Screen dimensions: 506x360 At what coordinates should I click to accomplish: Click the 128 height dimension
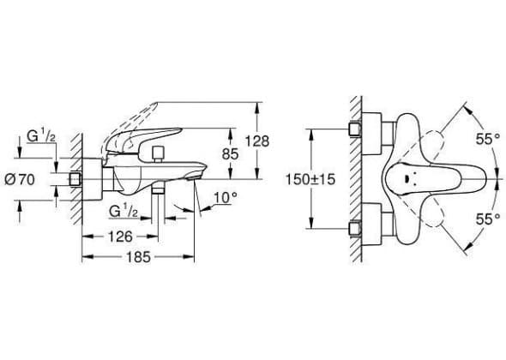[257, 141]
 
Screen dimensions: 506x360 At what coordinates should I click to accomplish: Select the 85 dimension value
[230, 154]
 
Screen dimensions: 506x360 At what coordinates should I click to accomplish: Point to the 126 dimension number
[120, 237]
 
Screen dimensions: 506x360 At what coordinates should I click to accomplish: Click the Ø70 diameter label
[20, 180]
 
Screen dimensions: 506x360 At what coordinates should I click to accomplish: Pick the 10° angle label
[226, 197]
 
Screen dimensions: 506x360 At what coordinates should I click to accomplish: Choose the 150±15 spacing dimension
[310, 179]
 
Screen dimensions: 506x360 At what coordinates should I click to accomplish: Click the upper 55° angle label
[488, 140]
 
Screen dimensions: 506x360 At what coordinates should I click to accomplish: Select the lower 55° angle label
[488, 219]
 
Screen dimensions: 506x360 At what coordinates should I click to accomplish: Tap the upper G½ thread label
[41, 136]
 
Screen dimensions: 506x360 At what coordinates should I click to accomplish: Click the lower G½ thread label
[123, 212]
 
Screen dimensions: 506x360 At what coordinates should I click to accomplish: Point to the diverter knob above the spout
[158, 154]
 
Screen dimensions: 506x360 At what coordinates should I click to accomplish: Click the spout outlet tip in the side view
[195, 177]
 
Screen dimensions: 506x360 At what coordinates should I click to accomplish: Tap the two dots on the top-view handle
[407, 179]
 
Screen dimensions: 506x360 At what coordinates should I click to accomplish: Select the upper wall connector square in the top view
[355, 129]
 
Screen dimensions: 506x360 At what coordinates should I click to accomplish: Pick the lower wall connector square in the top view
[355, 229]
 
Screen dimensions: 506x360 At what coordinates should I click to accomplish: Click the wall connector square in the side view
[76, 178]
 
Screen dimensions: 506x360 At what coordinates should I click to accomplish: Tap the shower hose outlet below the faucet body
[158, 190]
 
